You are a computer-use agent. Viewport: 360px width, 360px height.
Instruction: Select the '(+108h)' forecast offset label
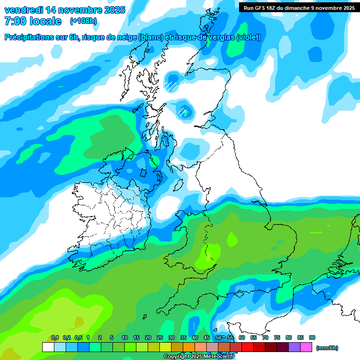coord(83,21)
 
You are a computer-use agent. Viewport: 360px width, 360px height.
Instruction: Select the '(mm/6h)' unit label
coord(327,348)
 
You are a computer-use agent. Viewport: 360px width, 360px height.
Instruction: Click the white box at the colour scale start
coord(48,347)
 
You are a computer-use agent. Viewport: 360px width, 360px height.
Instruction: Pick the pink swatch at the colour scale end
coord(306,347)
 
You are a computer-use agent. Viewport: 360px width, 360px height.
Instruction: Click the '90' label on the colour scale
coord(312,337)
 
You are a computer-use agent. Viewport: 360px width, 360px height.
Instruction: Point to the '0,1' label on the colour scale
coord(55,337)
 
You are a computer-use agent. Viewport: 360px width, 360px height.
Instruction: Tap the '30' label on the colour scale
coord(172,337)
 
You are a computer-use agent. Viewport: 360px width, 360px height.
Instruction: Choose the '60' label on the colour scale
coord(242,337)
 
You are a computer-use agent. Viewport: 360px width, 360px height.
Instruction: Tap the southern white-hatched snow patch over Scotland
coord(184,112)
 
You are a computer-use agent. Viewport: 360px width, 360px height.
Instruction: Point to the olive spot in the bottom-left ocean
coord(78,322)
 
